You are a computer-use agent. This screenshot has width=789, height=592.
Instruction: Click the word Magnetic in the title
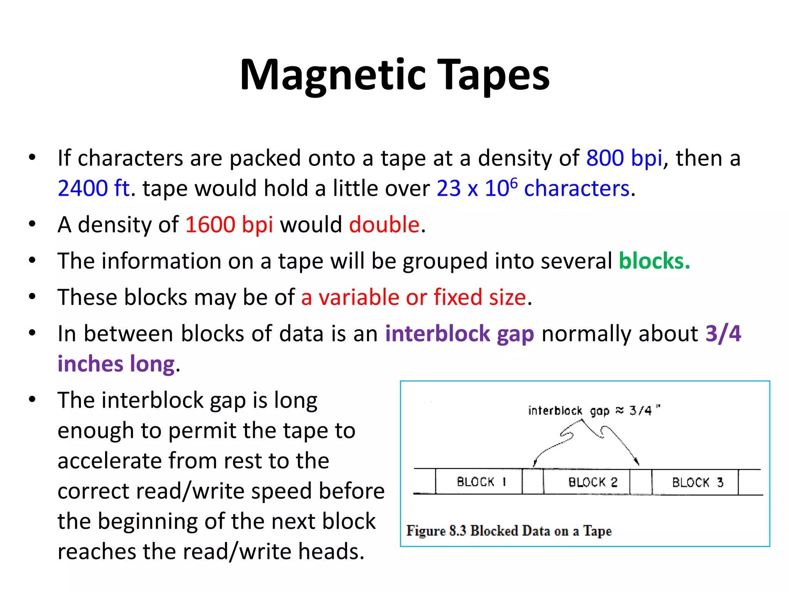tap(333, 75)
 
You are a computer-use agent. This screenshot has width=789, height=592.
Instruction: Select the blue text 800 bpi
tap(624, 158)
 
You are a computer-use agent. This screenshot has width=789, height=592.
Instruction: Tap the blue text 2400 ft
tap(94, 188)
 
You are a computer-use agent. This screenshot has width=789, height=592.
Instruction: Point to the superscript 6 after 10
tap(514, 182)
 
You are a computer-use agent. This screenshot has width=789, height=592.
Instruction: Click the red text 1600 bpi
tap(229, 224)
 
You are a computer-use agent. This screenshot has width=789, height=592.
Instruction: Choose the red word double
tap(384, 224)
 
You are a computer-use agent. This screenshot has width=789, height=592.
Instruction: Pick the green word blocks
tap(653, 261)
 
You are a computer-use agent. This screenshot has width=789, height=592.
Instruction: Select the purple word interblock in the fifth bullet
tap(438, 333)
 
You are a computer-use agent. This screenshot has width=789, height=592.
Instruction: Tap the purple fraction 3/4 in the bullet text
tap(723, 333)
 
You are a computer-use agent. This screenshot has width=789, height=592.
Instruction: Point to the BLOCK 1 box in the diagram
tap(479, 481)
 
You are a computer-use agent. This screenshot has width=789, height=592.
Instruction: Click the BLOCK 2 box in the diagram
tap(587, 482)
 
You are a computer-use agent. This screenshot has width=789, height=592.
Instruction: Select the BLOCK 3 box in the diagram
tap(695, 482)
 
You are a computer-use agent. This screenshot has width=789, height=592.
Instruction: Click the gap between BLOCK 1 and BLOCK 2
tap(533, 481)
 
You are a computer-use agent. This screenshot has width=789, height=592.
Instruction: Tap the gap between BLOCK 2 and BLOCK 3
tap(641, 482)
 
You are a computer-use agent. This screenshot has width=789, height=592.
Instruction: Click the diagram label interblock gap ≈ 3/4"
tap(594, 410)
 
